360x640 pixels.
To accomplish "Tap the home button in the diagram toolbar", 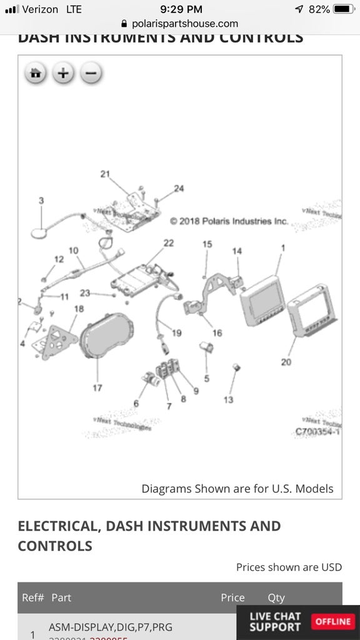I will (36, 74).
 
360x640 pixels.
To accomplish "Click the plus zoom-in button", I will (63, 74).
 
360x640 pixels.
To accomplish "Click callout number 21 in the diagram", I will (105, 174).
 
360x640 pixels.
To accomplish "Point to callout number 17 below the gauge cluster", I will (97, 388).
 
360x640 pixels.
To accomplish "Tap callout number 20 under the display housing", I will (286, 362).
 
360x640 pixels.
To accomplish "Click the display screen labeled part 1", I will (262, 301).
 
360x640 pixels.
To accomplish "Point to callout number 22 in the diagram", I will (169, 243).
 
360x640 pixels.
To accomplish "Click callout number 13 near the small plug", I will (229, 399).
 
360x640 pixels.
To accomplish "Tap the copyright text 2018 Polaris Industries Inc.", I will (229, 221).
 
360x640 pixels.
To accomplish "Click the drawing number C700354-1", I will (317, 431).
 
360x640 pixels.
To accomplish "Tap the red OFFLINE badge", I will (332, 621).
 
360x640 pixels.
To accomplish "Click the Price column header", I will (232, 597).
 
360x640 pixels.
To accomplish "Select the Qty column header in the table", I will (276, 597).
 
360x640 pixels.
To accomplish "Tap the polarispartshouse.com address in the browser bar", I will (180, 24).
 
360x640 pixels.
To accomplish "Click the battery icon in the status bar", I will (344, 9).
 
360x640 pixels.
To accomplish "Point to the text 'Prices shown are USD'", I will (289, 567).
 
